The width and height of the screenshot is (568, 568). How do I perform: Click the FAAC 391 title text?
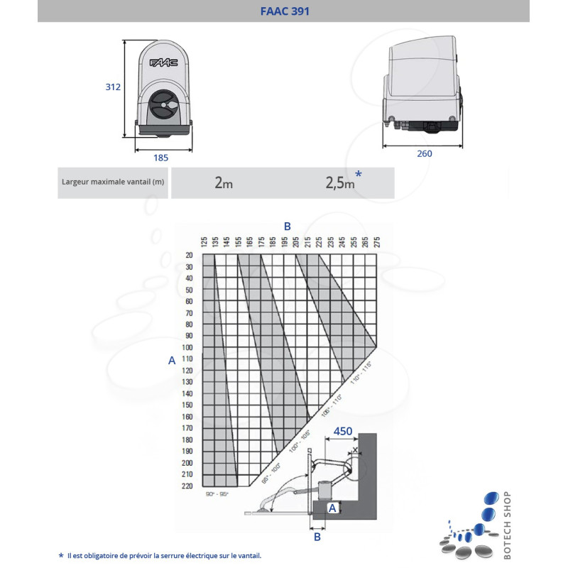(283, 11)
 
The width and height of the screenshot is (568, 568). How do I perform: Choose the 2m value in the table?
(224, 183)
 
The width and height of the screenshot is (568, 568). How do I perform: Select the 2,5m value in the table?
(339, 183)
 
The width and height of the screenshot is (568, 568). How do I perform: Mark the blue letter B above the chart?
(288, 226)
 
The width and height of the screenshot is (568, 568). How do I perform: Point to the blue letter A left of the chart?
(171, 361)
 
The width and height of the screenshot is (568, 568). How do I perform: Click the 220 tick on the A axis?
(187, 486)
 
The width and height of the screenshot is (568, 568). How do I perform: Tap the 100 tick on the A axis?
(187, 347)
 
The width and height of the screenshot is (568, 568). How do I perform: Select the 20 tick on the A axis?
(189, 255)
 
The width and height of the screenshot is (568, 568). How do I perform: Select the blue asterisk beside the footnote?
(60, 555)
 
